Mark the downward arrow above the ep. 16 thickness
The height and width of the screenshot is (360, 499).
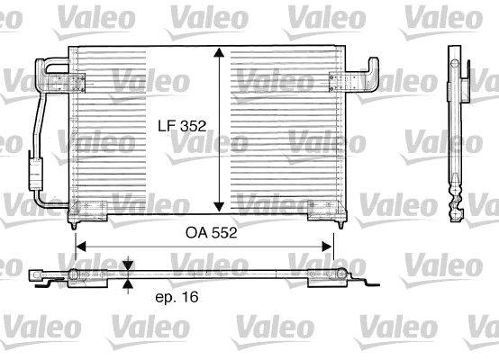128,265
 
